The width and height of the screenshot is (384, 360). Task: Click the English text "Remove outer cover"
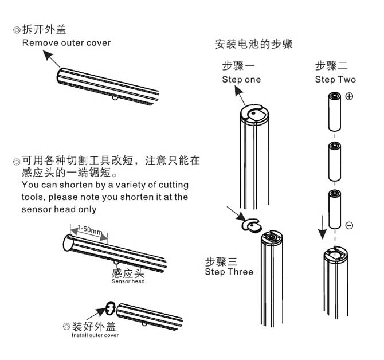pyautogui.click(x=66, y=43)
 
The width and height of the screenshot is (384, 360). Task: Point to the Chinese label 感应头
pyautogui.click(x=128, y=272)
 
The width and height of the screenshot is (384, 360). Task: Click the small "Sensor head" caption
pyautogui.click(x=128, y=281)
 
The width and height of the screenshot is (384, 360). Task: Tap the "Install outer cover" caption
pyautogui.click(x=95, y=335)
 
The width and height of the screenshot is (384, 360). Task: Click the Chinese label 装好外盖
pyautogui.click(x=93, y=326)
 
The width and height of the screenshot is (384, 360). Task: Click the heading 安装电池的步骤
pyautogui.click(x=254, y=44)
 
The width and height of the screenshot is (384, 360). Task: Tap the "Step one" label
pyautogui.click(x=241, y=80)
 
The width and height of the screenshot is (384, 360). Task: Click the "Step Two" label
pyautogui.click(x=335, y=80)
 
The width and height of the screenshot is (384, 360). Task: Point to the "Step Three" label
pyautogui.click(x=229, y=272)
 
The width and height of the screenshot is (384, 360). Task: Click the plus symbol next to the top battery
pyautogui.click(x=349, y=96)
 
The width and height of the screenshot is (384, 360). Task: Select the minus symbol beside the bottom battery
pyautogui.click(x=349, y=225)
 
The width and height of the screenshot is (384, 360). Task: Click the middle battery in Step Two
pyautogui.click(x=335, y=162)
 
